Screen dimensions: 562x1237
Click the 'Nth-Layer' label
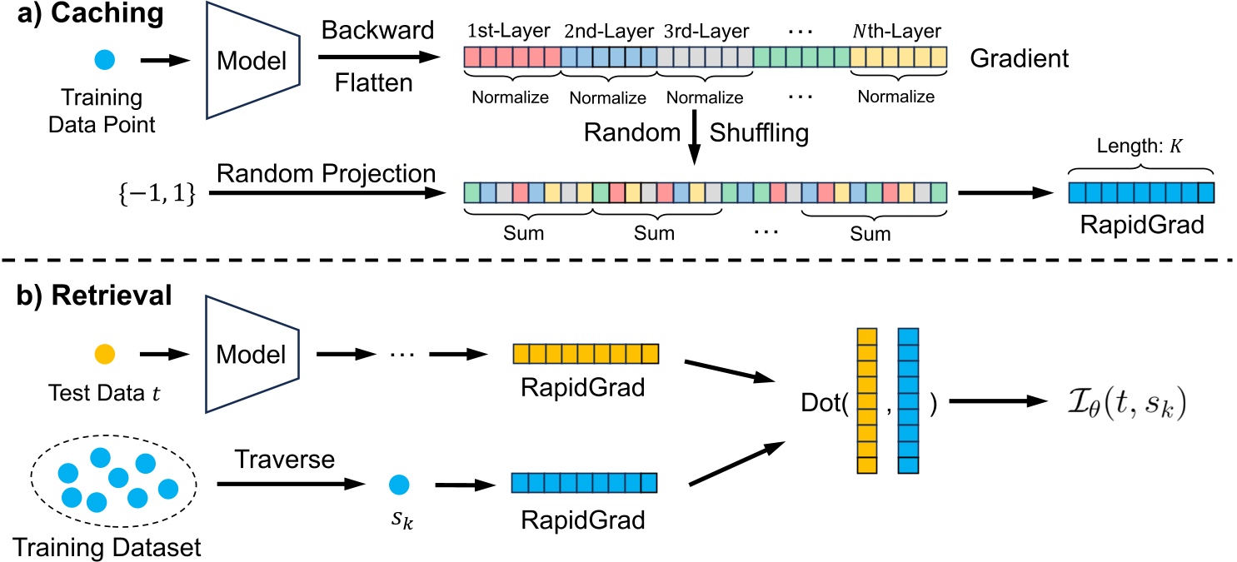(898, 32)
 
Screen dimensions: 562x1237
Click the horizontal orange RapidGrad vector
(586, 355)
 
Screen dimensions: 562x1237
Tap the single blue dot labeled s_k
(400, 483)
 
